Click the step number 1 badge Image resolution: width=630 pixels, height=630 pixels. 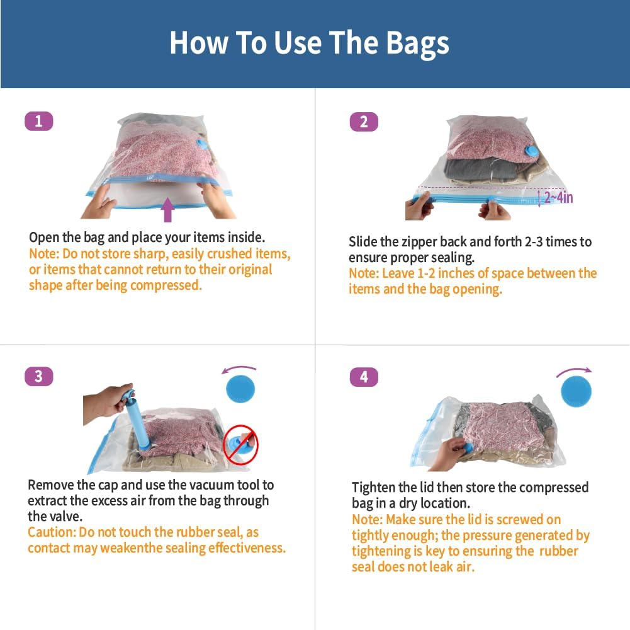[38, 121]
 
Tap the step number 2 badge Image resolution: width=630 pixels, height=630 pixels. [363, 122]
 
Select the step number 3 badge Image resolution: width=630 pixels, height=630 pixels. [38, 376]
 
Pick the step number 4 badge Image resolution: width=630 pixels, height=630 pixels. [363, 377]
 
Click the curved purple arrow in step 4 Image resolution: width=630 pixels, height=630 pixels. [573, 372]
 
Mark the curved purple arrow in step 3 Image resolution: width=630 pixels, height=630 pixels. [240, 369]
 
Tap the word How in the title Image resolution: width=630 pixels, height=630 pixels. [198, 43]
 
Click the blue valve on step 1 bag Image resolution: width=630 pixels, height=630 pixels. [202, 144]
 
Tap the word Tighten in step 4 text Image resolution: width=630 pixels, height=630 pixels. [376, 488]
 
